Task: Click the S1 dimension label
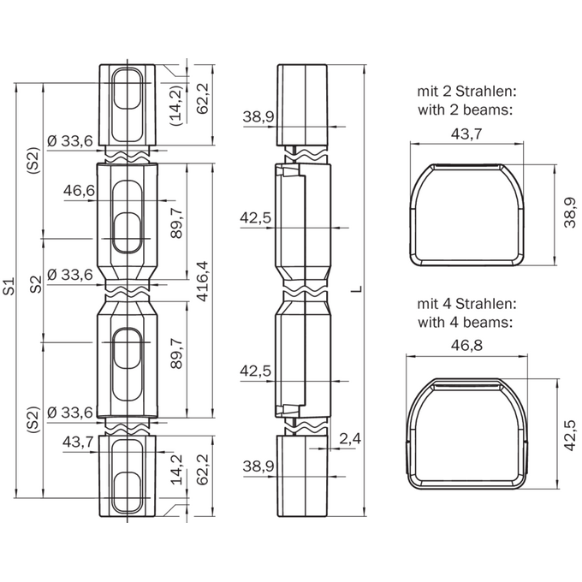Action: click(x=10, y=286)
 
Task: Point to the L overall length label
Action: click(x=357, y=288)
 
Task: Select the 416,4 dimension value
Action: click(x=203, y=282)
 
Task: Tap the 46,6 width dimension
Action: click(x=79, y=190)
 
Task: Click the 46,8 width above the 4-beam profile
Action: click(x=466, y=345)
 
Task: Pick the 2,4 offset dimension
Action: click(x=350, y=439)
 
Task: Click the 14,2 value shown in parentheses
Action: click(x=176, y=105)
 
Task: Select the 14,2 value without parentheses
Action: click(x=177, y=470)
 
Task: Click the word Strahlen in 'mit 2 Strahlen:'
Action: click(x=486, y=92)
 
